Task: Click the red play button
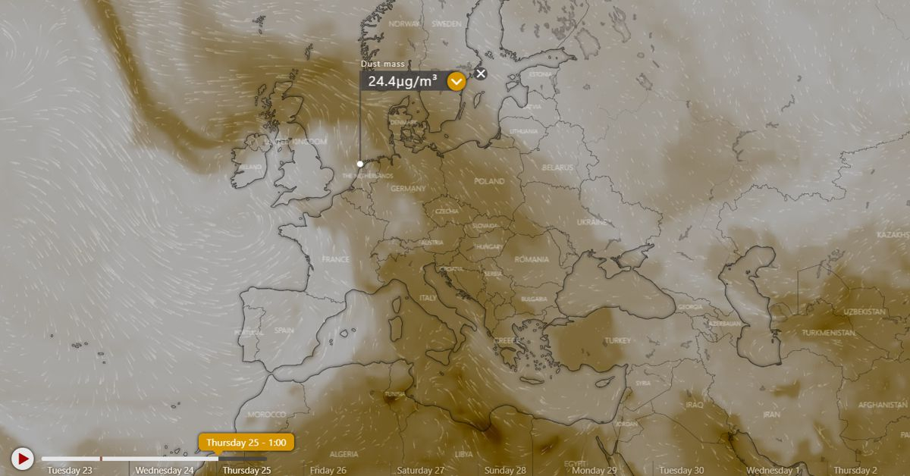[x=23, y=459]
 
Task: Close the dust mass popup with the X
[x=481, y=74]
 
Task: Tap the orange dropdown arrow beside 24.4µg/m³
[x=457, y=81]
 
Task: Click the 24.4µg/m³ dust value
[x=403, y=81]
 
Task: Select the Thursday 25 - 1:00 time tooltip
[x=246, y=442]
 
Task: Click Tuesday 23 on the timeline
[x=70, y=471]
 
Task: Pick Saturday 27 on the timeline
[x=420, y=471]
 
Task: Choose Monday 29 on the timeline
[x=594, y=471]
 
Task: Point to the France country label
[x=335, y=259]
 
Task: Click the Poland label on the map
[x=489, y=182]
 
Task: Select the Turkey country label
[x=617, y=341]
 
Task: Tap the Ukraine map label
[x=592, y=222]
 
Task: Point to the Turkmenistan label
[x=829, y=333]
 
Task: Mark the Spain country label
[x=284, y=330]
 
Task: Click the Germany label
[x=408, y=189]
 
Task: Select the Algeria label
[x=344, y=454]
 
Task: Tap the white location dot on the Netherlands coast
[x=360, y=164]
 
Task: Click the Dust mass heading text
[x=383, y=64]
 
